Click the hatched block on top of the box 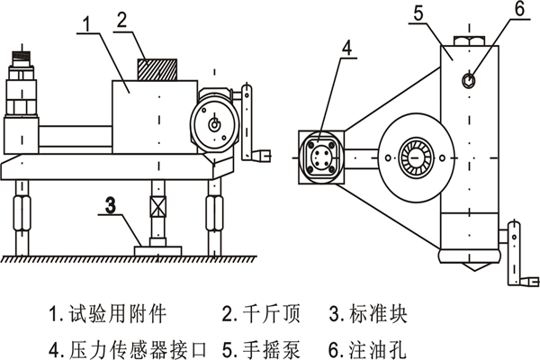coord(157,69)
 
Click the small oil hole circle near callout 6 coord(469,81)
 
